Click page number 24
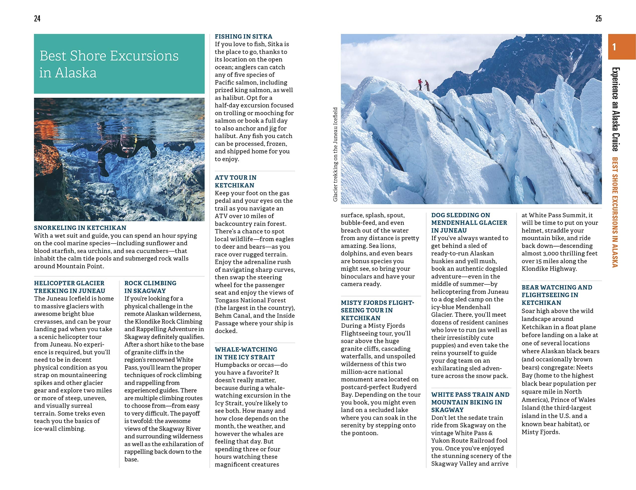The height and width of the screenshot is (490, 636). click(37, 19)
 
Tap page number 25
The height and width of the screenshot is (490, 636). click(598, 19)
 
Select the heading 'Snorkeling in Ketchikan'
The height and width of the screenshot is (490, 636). click(80, 228)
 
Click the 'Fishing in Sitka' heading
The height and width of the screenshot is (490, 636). click(243, 37)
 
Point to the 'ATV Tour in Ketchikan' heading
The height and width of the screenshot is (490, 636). click(235, 181)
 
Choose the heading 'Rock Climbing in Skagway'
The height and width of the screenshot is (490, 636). click(150, 287)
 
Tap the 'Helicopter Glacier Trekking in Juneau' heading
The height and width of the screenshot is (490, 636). click(69, 287)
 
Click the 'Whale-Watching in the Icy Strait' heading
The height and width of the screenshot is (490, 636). click(246, 353)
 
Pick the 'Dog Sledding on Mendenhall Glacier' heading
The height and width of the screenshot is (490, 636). click(469, 223)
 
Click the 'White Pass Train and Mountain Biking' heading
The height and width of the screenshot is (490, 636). click(470, 402)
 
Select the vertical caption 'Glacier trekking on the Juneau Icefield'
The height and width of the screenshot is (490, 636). click(335, 154)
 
